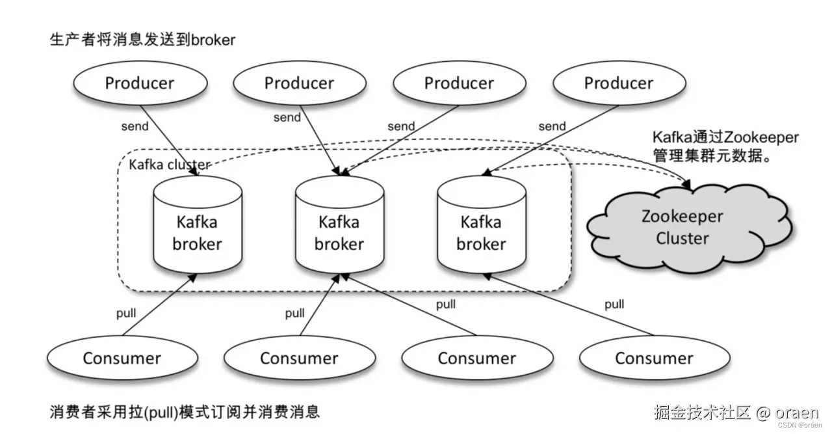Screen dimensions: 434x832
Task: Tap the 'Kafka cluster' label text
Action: click(x=169, y=165)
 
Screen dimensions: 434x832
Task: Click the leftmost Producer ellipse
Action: click(x=140, y=83)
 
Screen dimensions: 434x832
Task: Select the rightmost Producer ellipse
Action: click(x=618, y=83)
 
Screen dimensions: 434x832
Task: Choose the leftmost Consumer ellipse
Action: click(x=122, y=358)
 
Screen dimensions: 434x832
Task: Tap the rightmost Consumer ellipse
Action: click(x=654, y=358)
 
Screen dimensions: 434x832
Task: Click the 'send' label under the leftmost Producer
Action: click(x=135, y=126)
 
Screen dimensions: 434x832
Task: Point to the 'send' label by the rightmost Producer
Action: click(x=552, y=126)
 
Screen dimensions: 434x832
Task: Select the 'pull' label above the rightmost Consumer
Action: click(x=614, y=304)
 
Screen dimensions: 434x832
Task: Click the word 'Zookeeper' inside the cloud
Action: click(x=682, y=217)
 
